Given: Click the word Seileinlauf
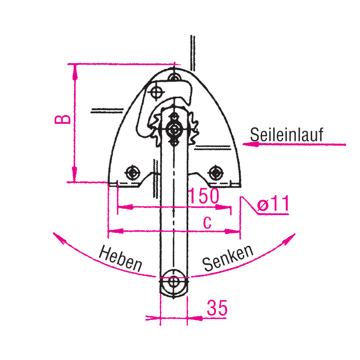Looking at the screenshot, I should click(x=286, y=135).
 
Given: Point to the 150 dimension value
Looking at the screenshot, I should click(x=203, y=196).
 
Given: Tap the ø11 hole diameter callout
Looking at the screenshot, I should click(x=273, y=205).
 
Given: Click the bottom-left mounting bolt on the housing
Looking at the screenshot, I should click(x=134, y=171).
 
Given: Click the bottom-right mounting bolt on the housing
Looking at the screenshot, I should click(x=215, y=171).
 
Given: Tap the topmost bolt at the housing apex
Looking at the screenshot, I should click(x=175, y=77).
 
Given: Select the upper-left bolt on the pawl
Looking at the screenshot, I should click(x=157, y=92).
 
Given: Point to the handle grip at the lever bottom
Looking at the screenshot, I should click(x=174, y=282).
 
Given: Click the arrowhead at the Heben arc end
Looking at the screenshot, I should click(x=57, y=237).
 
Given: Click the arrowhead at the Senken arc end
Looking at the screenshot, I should click(x=292, y=237).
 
